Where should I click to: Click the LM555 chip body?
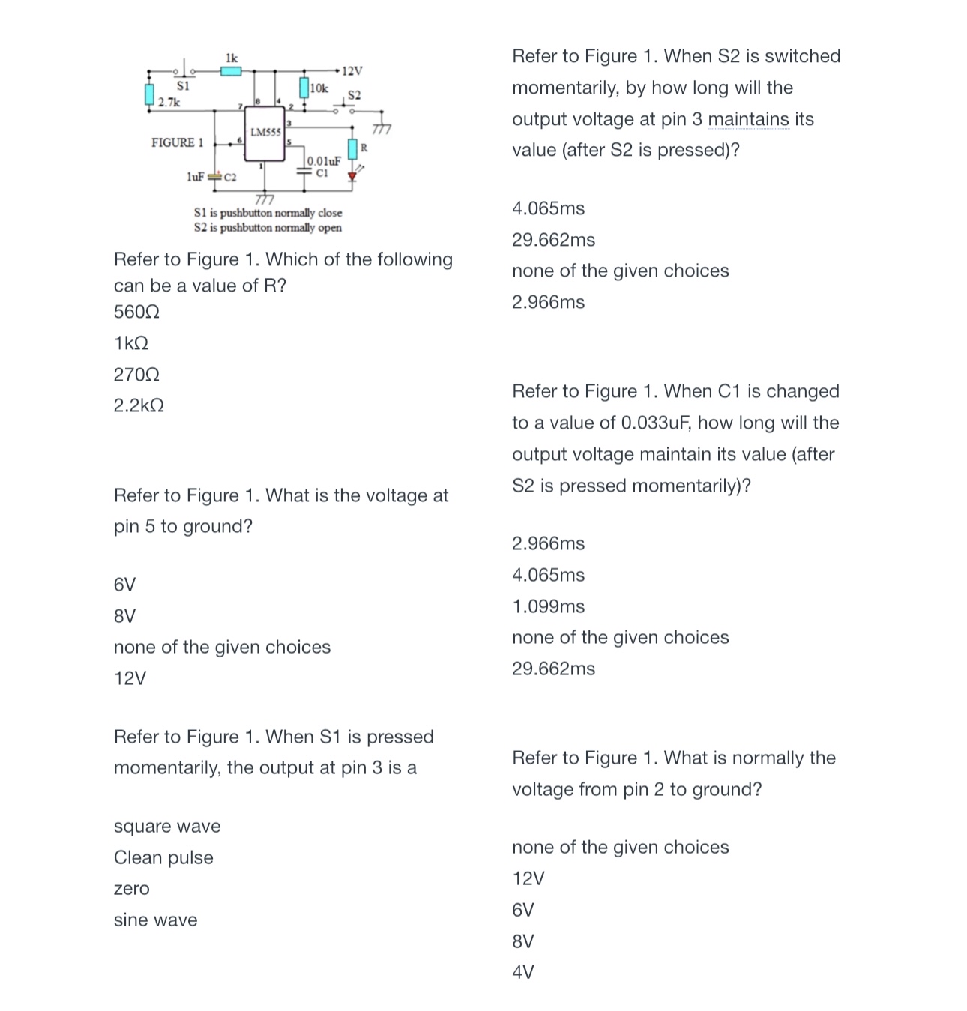(x=265, y=133)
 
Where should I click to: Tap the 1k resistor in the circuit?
(x=231, y=71)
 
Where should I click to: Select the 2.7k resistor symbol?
(x=149, y=94)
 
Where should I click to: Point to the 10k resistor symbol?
(x=304, y=87)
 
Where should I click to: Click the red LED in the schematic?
(x=352, y=177)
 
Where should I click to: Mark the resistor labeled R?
(x=352, y=148)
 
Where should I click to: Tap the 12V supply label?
(x=352, y=71)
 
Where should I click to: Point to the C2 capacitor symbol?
(x=214, y=178)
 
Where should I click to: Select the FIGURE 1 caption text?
(x=177, y=142)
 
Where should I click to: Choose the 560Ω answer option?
(x=136, y=312)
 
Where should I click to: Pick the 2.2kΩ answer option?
(x=139, y=405)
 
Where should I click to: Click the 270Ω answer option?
(x=136, y=374)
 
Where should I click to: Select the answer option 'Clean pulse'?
(x=163, y=857)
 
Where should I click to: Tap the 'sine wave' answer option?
(x=155, y=920)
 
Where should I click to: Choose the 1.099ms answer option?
(x=548, y=606)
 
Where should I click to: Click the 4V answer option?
(x=522, y=972)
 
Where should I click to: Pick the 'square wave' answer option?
(x=167, y=826)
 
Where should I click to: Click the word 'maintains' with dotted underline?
(x=748, y=119)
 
